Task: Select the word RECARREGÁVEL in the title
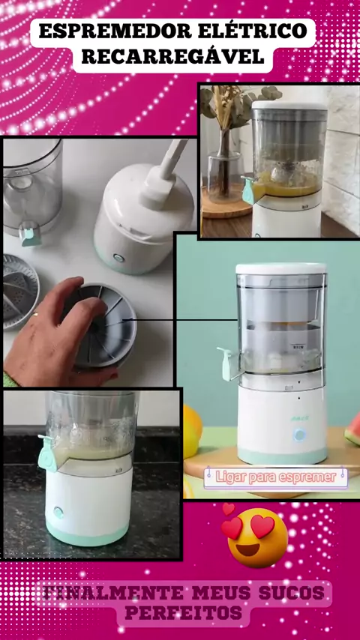[172, 57]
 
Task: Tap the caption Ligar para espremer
[276, 477]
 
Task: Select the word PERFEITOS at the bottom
[183, 612]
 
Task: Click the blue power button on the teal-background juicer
[299, 435]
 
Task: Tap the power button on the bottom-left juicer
[58, 513]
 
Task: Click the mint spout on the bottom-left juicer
[47, 453]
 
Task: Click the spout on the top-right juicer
[248, 190]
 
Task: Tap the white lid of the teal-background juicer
[281, 268]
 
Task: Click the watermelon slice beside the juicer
[352, 432]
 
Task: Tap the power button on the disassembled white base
[118, 258]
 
